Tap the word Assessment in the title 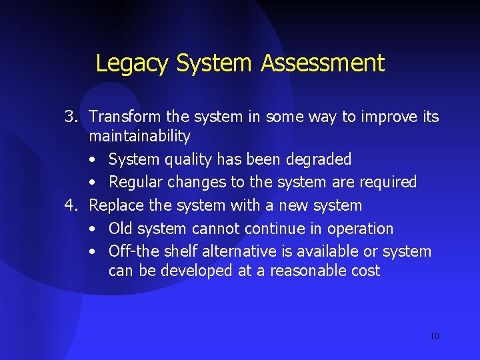323,63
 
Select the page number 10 435,336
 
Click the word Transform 125,117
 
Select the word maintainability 139,137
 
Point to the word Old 121,229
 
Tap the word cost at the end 366,271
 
